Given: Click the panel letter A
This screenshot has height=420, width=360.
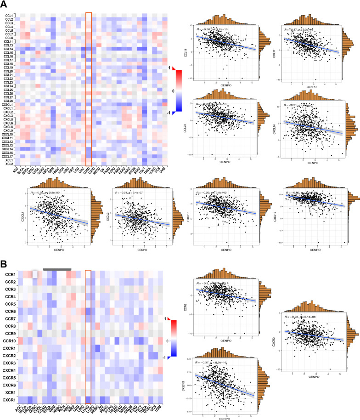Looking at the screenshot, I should click(x=4, y=5).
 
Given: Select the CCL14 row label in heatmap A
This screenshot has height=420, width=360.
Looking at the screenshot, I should click(x=8, y=49).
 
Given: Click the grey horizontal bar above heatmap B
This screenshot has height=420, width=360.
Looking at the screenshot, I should click(x=57, y=269).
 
